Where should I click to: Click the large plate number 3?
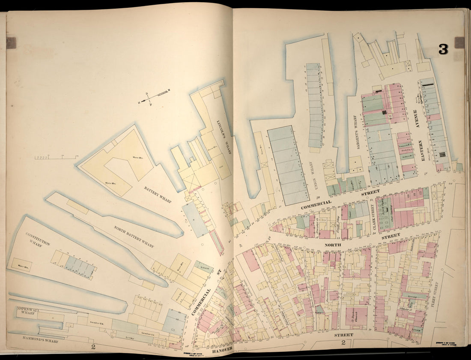pyautogui.click(x=443, y=49)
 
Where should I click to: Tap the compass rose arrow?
pyautogui.click(x=154, y=96)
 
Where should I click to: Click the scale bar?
pyautogui.click(x=56, y=158)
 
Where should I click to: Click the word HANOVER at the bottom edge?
pyautogui.click(x=221, y=349)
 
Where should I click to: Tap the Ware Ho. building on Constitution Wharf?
pyautogui.click(x=21, y=265)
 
